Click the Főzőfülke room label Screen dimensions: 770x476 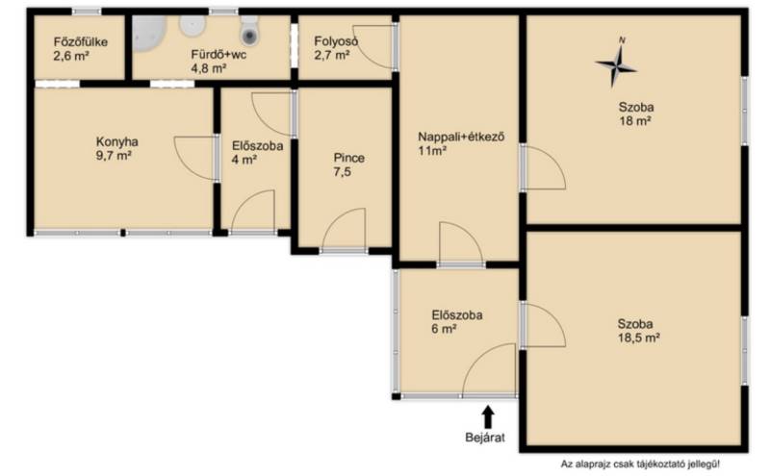point(81,41)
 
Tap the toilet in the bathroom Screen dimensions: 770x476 point(249,30)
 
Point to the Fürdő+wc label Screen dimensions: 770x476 point(218,54)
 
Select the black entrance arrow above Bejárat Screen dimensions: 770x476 point(488,417)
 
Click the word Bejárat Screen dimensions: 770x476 point(485,438)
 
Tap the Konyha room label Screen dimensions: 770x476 point(116,141)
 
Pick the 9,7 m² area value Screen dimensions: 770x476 point(114,156)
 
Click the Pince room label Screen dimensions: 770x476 point(348,158)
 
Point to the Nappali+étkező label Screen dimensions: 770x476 point(461,137)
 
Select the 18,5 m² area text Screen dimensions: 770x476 point(638,338)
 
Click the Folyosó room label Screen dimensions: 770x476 point(336,41)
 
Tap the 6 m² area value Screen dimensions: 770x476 point(444,329)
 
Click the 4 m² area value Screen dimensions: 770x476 point(244,160)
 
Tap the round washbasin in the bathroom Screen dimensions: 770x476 point(192,26)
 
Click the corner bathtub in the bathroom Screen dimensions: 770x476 point(148,32)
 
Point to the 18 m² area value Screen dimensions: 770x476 point(635,121)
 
